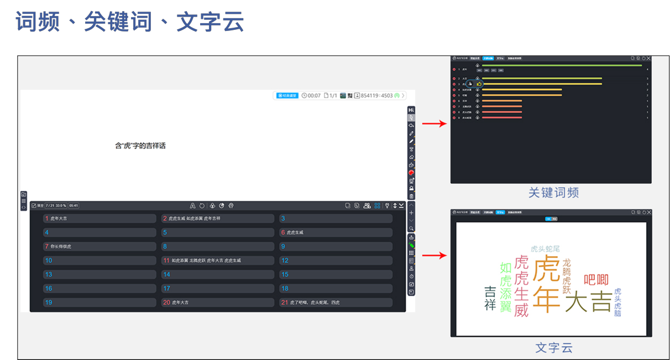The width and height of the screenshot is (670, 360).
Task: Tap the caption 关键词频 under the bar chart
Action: (x=553, y=192)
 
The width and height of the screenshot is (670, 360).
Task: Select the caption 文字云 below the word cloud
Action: (x=553, y=347)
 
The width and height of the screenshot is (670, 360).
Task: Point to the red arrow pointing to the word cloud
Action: (x=434, y=255)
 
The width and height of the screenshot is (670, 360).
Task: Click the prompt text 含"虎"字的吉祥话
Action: (x=140, y=146)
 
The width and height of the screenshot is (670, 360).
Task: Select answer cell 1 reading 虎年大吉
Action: (x=100, y=218)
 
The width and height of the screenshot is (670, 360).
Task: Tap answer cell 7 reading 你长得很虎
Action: (x=100, y=246)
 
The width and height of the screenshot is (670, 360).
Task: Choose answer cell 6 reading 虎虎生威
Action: (x=336, y=232)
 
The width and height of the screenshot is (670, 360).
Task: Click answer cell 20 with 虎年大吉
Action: (x=218, y=302)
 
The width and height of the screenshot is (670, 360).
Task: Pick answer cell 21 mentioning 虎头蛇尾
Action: (x=336, y=302)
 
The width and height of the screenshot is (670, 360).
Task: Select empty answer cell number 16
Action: (x=100, y=288)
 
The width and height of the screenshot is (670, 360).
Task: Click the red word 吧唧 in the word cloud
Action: (x=596, y=280)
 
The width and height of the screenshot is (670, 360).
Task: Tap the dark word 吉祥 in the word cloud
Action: (x=490, y=298)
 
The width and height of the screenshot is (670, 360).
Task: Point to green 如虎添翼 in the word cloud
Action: (x=506, y=288)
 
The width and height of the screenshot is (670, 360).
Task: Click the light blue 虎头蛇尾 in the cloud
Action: (x=545, y=249)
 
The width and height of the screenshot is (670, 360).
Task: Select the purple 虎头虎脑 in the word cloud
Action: (x=617, y=302)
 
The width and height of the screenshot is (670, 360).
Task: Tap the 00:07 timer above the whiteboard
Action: (x=311, y=96)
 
